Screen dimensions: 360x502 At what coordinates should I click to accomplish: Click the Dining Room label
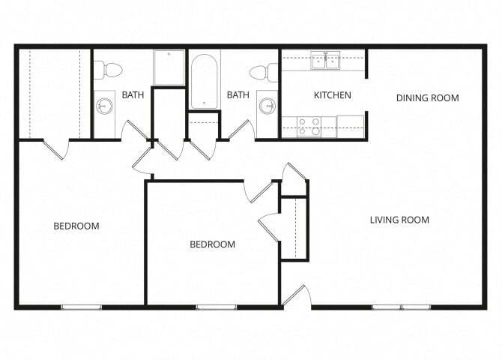[427, 97]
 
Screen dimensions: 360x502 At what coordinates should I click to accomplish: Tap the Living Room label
[399, 220]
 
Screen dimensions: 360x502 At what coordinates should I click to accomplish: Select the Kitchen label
[332, 95]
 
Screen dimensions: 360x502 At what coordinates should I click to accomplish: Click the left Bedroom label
[76, 226]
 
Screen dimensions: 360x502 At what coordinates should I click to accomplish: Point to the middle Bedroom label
[212, 244]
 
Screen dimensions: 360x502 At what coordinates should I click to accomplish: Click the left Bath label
[133, 95]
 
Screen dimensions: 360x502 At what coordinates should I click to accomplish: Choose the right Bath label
[238, 95]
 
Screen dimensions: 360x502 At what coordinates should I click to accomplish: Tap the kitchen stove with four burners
[309, 126]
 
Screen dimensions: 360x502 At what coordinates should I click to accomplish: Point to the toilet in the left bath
[109, 70]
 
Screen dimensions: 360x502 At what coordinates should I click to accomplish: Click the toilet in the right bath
[261, 73]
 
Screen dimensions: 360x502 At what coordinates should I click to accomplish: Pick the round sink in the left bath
[103, 106]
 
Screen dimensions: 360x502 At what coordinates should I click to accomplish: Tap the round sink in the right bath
[267, 106]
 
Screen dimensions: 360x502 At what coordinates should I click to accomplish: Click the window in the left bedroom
[82, 306]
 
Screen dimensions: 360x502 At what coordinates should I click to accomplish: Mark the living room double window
[401, 306]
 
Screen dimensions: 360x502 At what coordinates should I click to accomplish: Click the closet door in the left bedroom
[54, 148]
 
